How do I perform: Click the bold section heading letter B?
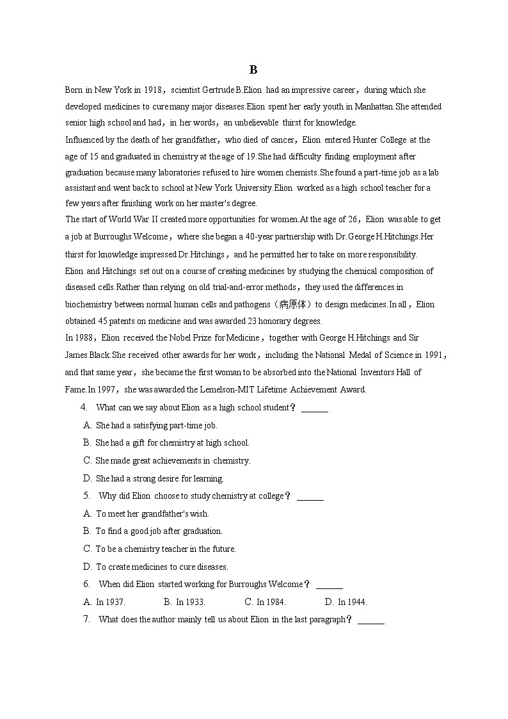coord(253,70)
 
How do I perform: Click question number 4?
coord(84,407)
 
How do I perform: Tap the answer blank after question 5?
coord(310,496)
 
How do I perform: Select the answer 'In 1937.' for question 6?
coord(110,602)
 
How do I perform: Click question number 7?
coord(86,619)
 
